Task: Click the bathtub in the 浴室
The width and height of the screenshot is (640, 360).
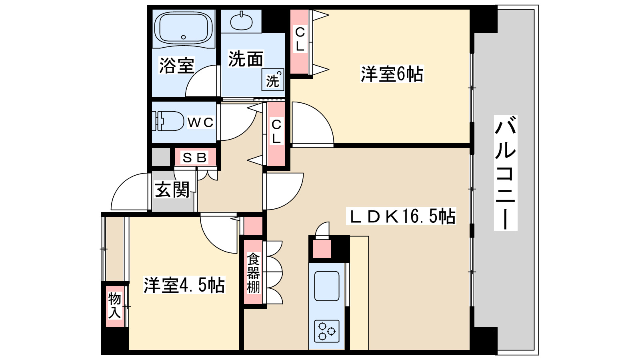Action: (x=184, y=28)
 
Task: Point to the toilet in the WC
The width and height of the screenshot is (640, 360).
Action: (x=168, y=121)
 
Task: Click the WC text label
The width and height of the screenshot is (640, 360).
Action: (x=200, y=122)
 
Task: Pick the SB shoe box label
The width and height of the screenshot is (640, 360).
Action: (x=195, y=158)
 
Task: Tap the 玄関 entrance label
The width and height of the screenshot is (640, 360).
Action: (x=172, y=190)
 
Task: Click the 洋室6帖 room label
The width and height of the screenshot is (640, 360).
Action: (x=392, y=74)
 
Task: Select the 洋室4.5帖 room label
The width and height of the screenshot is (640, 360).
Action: (x=184, y=285)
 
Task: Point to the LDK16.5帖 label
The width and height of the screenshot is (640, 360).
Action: (x=401, y=216)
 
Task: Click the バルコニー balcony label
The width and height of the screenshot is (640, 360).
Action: (x=506, y=172)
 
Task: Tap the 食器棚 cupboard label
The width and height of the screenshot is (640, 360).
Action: (x=253, y=273)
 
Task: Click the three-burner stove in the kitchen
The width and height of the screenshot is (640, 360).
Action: (x=327, y=331)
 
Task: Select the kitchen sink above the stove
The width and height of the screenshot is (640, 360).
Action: (x=327, y=286)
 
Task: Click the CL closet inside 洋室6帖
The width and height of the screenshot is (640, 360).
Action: (x=300, y=42)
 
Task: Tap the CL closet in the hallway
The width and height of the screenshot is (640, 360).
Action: (x=276, y=134)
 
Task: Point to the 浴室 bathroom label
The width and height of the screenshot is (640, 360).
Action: (x=176, y=66)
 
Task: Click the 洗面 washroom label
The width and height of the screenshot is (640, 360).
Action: (x=246, y=59)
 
